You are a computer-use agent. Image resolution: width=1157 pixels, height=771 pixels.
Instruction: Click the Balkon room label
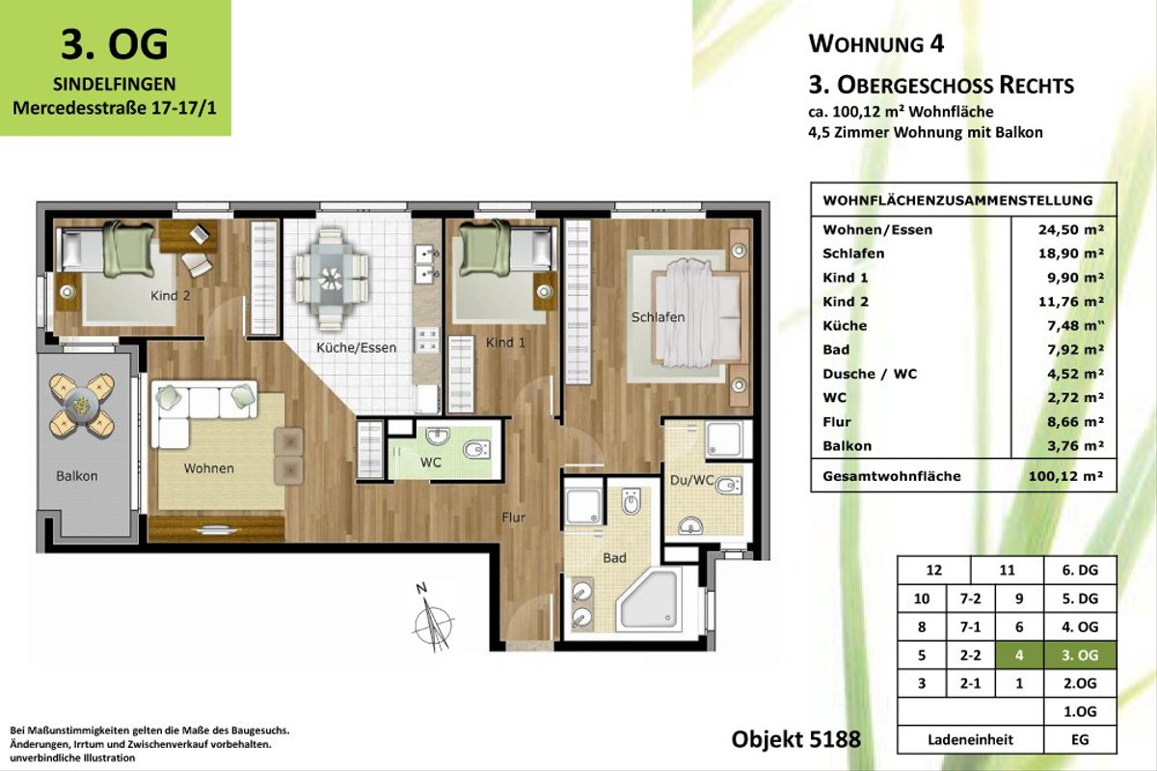pyautogui.click(x=76, y=476)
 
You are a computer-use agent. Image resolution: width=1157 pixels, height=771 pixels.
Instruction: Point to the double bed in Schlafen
pyautogui.click(x=696, y=313)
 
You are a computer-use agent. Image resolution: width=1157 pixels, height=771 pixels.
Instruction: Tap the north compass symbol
pyautogui.click(x=428, y=617)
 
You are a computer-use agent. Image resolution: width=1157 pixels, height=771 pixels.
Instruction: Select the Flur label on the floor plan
pyautogui.click(x=514, y=518)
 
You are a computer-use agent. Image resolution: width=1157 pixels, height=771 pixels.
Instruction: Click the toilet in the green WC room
pyautogui.click(x=475, y=450)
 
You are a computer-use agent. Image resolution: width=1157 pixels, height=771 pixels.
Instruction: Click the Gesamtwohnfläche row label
pyautogui.click(x=892, y=477)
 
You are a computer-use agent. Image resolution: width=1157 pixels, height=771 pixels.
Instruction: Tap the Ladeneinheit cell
pyautogui.click(x=970, y=740)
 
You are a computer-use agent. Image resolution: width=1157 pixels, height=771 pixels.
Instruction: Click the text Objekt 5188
pyautogui.click(x=795, y=740)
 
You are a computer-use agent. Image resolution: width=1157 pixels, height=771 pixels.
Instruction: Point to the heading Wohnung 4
pyautogui.click(x=875, y=44)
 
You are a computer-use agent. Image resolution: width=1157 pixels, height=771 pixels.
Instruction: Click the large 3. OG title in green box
pyautogui.click(x=115, y=43)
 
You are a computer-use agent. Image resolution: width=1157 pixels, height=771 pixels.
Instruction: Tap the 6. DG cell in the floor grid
pyautogui.click(x=1081, y=571)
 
